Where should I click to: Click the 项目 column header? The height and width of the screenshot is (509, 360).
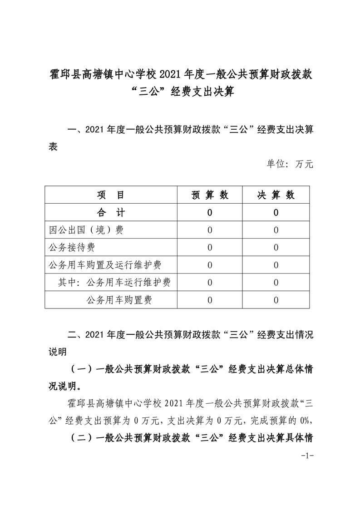coord(111,195)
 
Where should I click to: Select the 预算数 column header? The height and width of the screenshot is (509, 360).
coord(210,195)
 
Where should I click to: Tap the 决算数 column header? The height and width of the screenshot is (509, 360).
coord(276,195)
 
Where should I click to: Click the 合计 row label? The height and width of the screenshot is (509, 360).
coord(111,212)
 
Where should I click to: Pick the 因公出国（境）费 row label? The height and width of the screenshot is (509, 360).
coord(86,230)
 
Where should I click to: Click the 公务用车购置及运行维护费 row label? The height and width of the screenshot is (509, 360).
coord(105,264)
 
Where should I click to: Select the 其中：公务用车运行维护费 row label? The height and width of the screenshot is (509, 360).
coord(114,282)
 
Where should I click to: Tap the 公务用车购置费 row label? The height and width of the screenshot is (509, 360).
coord(119,299)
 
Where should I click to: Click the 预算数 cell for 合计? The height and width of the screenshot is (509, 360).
coord(210,212)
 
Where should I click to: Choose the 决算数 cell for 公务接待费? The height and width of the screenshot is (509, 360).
coord(276,247)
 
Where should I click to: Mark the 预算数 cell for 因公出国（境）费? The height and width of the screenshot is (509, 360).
coord(210,230)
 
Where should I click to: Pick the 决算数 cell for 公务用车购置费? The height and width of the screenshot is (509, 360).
coord(276,299)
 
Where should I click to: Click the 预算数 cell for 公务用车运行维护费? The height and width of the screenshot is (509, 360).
coord(210,282)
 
